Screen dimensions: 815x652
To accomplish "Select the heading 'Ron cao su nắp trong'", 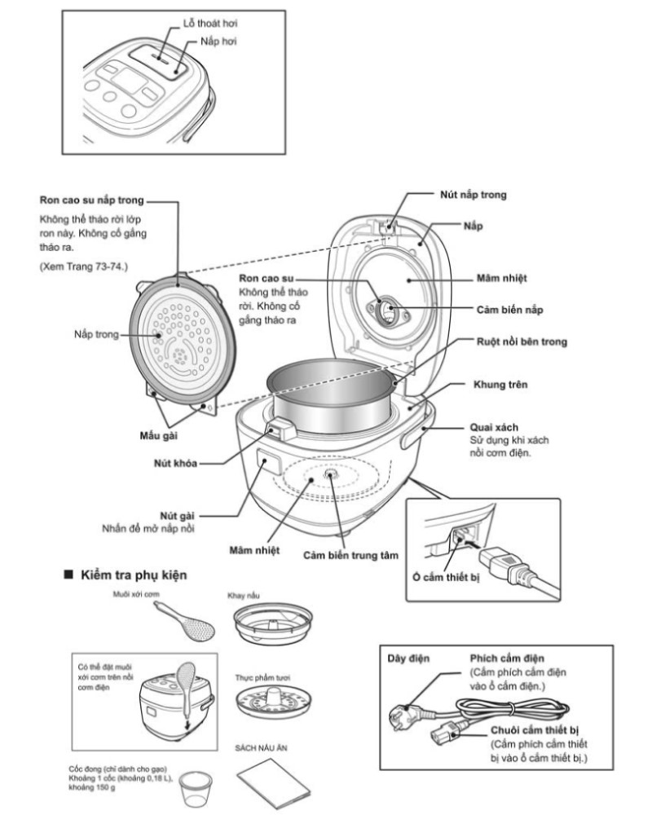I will click(x=92, y=199).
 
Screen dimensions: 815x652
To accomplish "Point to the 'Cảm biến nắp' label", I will click(x=511, y=309).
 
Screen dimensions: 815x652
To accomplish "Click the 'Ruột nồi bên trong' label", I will click(x=522, y=342).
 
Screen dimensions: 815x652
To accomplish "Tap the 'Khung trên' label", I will click(x=500, y=384).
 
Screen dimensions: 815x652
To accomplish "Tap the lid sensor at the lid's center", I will click(x=389, y=310).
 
